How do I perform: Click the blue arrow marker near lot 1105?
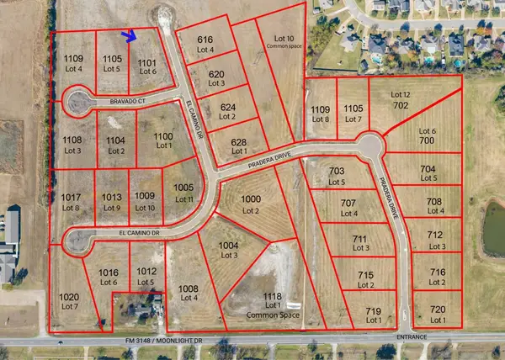(129, 35)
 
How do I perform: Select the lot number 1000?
(251, 199)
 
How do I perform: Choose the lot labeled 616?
(205, 40)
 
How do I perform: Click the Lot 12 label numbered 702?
(401, 99)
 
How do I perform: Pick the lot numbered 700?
(428, 141)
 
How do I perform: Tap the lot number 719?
(374, 310)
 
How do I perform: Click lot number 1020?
(69, 297)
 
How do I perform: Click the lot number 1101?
(147, 61)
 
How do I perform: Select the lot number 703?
(337, 172)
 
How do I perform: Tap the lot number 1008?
(189, 289)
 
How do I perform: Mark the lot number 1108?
(72, 140)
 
